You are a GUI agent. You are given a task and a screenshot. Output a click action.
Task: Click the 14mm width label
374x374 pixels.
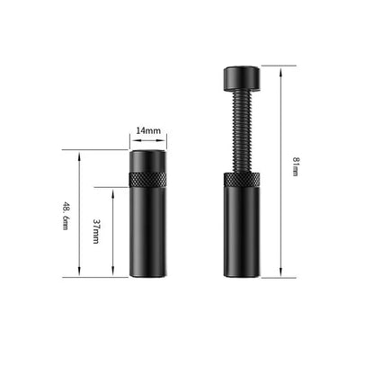(147, 131)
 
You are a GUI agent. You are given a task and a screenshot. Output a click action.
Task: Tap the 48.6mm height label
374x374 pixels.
(66, 214)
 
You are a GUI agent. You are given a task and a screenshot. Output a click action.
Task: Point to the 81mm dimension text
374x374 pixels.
(295, 166)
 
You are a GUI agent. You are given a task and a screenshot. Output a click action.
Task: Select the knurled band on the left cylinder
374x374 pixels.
(147, 179)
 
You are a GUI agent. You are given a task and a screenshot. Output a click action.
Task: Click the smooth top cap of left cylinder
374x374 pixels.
(147, 161)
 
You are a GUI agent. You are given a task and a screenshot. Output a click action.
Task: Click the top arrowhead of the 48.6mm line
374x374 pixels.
(81, 154)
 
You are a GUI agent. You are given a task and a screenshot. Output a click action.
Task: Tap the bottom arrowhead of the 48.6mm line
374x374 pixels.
(81, 274)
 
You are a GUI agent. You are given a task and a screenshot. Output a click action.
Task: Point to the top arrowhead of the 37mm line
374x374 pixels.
(112, 190)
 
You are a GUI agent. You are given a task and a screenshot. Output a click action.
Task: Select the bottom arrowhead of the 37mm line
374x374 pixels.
(112, 274)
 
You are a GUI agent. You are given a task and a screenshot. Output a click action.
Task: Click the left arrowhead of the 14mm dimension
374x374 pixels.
(131, 140)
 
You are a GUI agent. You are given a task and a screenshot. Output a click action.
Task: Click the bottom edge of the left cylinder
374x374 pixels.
(147, 276)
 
